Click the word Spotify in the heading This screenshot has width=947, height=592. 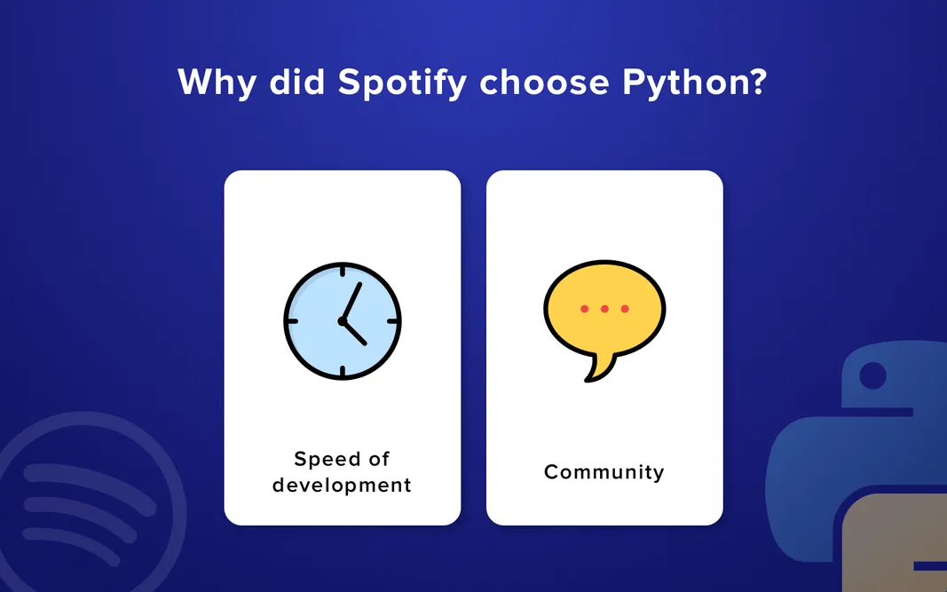tap(402, 83)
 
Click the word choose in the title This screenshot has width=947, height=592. tap(544, 83)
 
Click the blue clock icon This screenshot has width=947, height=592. tap(343, 320)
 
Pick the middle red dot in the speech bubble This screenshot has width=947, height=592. tap(604, 309)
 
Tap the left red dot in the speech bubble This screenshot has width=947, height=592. tap(584, 309)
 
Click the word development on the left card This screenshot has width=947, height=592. tap(342, 485)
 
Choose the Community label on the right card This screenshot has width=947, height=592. tap(604, 472)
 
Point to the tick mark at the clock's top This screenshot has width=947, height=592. tap(343, 270)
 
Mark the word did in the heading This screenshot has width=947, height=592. tap(294, 83)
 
